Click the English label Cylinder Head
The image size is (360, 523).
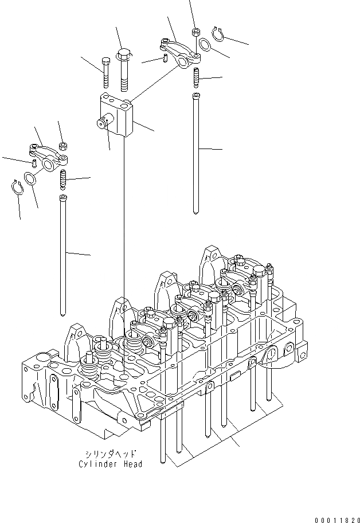pyautogui.click(x=111, y=464)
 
